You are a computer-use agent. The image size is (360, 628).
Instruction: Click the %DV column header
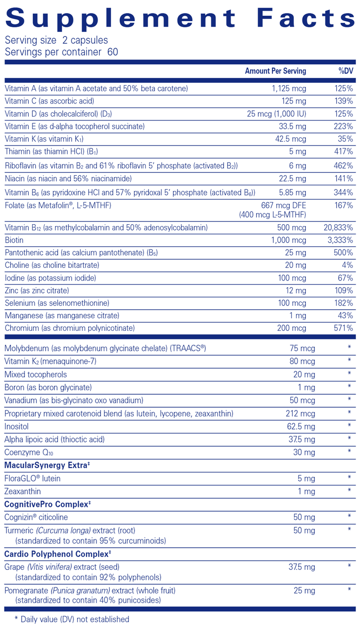(x=346, y=71)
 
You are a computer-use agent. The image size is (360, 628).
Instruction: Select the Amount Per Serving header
(x=275, y=71)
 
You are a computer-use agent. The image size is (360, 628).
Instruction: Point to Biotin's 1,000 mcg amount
(x=289, y=240)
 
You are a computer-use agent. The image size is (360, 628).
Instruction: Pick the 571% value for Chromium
(x=343, y=328)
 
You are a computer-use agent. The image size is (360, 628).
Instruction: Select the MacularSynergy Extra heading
(x=45, y=465)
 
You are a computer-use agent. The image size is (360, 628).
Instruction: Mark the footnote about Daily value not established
(x=72, y=619)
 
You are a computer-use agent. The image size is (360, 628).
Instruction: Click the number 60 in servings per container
(x=113, y=52)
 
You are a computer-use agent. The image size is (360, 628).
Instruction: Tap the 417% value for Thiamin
(x=343, y=152)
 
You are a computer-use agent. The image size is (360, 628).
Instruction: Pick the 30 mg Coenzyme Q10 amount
(x=304, y=452)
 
